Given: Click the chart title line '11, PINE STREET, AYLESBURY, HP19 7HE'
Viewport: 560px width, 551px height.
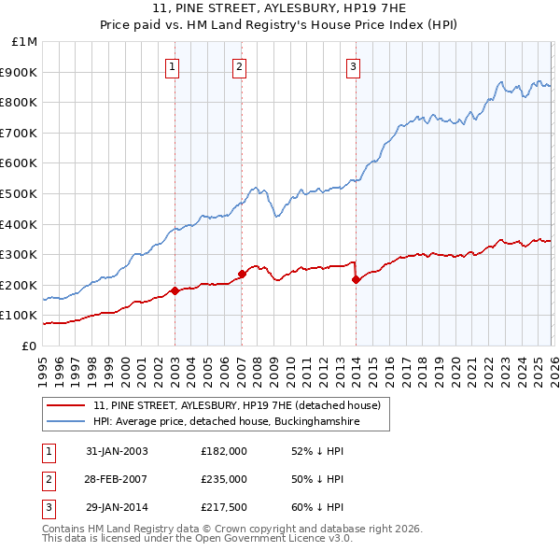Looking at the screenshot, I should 280,8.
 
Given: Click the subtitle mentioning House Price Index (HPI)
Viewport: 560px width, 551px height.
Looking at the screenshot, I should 280,25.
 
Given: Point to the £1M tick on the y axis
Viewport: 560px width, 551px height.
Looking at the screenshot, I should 25,42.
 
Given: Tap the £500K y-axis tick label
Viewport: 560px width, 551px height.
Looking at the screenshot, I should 21,194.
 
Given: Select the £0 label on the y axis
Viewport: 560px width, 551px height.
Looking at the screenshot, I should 30,346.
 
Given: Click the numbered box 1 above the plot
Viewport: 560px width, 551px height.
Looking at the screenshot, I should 175,66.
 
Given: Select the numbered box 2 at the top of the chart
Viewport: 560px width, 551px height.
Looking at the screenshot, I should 240,66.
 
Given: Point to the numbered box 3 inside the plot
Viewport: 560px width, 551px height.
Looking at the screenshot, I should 354,66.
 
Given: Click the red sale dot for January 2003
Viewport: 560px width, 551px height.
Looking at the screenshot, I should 175,290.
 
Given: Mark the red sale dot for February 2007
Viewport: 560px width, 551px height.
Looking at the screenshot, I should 242,275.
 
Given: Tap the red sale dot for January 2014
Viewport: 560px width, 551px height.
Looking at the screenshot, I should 356,279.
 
